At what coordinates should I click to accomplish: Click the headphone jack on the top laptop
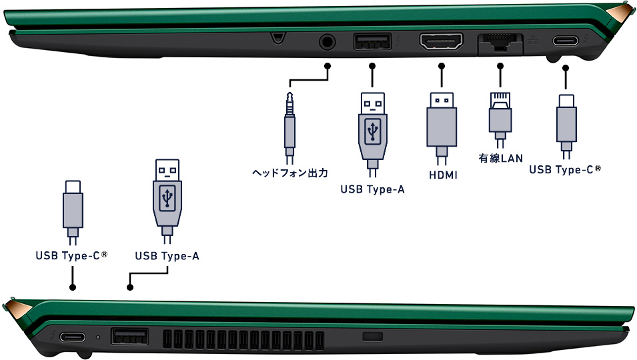(x=327, y=42)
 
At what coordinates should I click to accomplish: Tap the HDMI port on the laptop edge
(x=441, y=42)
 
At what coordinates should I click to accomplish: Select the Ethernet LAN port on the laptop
(x=500, y=43)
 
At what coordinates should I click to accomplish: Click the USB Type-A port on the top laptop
(x=373, y=41)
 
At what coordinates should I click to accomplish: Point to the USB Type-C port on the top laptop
(x=565, y=41)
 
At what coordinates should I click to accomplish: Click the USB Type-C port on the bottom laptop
(x=73, y=337)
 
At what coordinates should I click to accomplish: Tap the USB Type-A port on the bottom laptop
(x=129, y=337)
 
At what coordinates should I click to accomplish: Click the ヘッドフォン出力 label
(x=289, y=173)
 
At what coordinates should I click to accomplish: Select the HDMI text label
(x=443, y=175)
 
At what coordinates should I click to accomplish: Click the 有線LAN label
(x=500, y=158)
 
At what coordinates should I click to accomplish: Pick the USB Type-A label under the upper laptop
(x=373, y=189)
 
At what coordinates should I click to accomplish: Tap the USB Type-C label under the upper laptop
(x=565, y=169)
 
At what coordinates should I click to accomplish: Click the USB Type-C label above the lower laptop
(x=71, y=255)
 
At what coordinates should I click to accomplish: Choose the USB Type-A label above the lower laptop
(x=167, y=256)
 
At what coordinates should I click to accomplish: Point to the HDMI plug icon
(x=442, y=129)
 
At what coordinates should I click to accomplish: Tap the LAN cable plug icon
(x=500, y=120)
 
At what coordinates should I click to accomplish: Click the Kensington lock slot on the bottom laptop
(x=373, y=337)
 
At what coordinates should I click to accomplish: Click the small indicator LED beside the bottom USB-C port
(x=97, y=337)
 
